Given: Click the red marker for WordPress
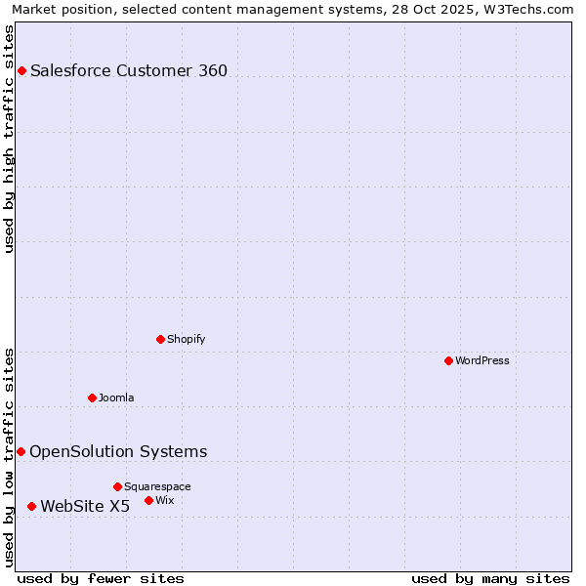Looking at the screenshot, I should coord(448,360).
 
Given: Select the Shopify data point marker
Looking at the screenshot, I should coord(160,339).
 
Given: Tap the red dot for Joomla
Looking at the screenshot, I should coord(92,398).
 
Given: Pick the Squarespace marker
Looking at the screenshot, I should coord(117,486).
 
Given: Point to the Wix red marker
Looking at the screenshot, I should coord(148,500).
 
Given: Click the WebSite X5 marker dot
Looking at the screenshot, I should coord(31,506).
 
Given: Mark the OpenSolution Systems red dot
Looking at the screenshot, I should coord(21,451).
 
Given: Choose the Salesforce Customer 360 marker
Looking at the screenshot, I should coord(21,70).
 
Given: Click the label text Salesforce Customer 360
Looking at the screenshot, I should coord(129,70).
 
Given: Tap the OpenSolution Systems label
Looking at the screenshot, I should coord(118,451).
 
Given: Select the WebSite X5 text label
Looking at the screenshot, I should coord(85,506).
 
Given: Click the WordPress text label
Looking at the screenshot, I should coord(482,360).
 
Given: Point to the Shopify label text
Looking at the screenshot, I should coord(186,339).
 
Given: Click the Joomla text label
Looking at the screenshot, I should coord(116,398).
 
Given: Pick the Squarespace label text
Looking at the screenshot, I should coord(157,486).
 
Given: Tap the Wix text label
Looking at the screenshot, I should coord(165,500).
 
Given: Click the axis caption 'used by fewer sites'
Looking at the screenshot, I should coord(101,578).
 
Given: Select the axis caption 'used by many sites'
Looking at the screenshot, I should coord(490,578).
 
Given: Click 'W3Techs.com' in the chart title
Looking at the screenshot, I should coord(531,9).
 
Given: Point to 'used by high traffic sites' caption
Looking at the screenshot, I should coord(10,139).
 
